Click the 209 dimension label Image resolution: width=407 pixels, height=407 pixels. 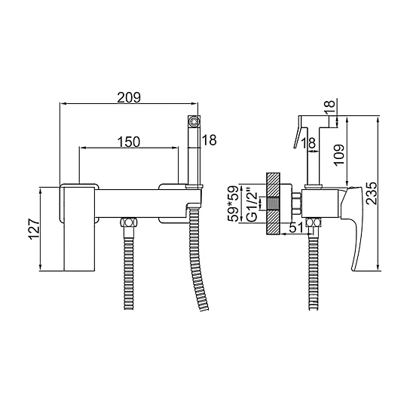pyautogui.click(x=129, y=97)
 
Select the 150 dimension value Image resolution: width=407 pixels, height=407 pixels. pyautogui.click(x=129, y=142)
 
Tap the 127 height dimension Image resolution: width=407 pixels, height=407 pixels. pyautogui.click(x=35, y=229)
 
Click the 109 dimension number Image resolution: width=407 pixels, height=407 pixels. pyautogui.click(x=339, y=155)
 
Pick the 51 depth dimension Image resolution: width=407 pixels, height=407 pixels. pyautogui.click(x=296, y=228)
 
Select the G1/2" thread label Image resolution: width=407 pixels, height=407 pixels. pyautogui.click(x=252, y=207)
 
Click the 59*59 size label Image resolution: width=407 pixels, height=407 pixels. pyautogui.click(x=233, y=203)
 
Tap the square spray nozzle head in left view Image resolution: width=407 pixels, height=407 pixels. pyautogui.click(x=194, y=121)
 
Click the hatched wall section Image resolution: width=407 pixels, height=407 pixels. pyautogui.click(x=273, y=203)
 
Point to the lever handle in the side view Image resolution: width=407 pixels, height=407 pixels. pyautogui.click(x=351, y=228)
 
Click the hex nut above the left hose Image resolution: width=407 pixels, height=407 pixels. pyautogui.click(x=128, y=223)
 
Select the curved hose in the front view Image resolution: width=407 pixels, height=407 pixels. pyautogui.click(x=197, y=259)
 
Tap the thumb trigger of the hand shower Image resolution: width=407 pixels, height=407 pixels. pyautogui.click(x=298, y=132)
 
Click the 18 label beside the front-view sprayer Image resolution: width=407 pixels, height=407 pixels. pyautogui.click(x=210, y=140)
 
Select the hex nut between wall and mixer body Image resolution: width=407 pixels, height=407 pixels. pyautogui.click(x=297, y=203)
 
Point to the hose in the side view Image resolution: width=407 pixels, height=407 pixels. pyautogui.click(x=314, y=268)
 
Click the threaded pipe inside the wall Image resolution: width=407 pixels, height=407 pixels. pyautogui.click(x=273, y=203)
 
